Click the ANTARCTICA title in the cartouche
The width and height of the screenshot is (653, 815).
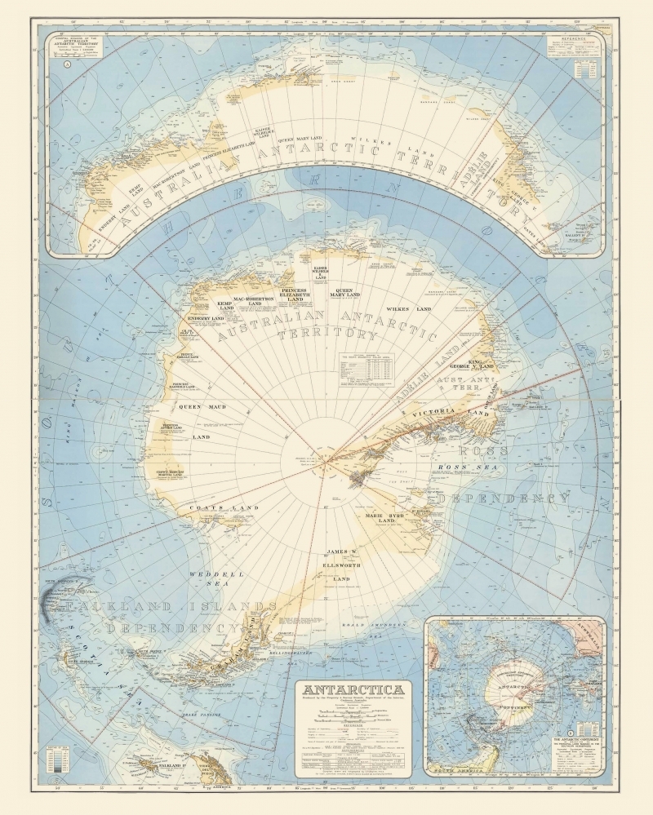click(353, 689)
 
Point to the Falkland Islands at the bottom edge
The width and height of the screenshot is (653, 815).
click(154, 766)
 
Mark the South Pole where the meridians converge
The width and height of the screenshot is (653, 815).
click(326, 463)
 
